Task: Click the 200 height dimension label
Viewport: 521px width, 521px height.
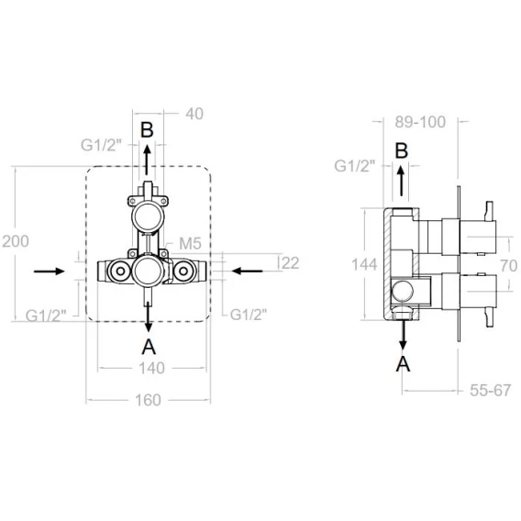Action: [16, 241]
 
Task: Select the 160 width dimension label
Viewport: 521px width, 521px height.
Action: [149, 400]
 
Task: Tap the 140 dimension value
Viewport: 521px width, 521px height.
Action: [151, 368]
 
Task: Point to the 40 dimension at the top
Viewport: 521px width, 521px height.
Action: [194, 114]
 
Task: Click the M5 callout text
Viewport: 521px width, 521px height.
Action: [191, 244]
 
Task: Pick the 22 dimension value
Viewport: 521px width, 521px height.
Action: [291, 263]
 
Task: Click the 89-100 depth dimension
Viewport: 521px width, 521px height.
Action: [420, 122]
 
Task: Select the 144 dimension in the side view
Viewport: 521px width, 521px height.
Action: [364, 265]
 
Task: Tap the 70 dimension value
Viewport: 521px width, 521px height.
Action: [509, 266]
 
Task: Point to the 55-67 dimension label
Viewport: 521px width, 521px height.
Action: [491, 391]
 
